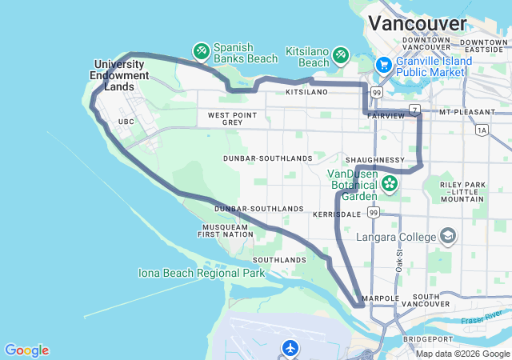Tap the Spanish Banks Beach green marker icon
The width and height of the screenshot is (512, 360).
pos(201,52)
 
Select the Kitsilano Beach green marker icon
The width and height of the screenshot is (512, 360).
pos(341,54)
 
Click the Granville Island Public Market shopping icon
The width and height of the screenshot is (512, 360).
pos(383,65)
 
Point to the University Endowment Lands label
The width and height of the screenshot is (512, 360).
pos(122,75)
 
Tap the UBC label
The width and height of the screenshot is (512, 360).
pos(126,122)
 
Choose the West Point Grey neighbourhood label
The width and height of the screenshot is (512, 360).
pos(231,118)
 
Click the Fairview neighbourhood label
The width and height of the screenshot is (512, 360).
pos(386,116)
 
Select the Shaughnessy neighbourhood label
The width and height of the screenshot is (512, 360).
pos(376,160)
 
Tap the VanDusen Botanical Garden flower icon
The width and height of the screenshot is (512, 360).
pos(390,183)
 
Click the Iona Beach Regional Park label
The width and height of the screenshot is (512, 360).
pos(201,273)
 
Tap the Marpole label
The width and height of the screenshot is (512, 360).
pos(380,298)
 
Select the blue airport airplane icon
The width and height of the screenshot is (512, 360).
pos(290,348)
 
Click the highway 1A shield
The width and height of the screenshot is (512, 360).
pos(481,130)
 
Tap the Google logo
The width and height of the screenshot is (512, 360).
pos(26,350)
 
